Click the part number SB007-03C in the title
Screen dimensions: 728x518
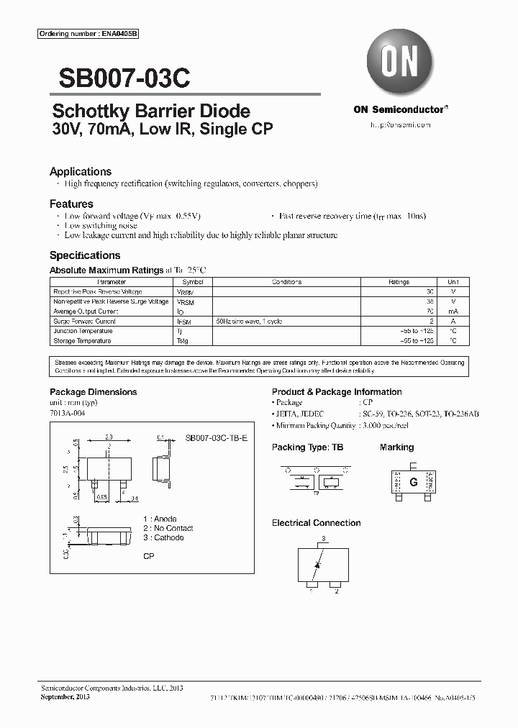[x=120, y=77]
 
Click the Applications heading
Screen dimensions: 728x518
[x=81, y=172]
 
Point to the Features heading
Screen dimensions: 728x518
[x=71, y=204]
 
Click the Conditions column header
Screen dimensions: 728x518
[x=286, y=283]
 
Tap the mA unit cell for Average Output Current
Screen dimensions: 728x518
[x=453, y=311]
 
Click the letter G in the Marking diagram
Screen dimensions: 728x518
[x=413, y=483]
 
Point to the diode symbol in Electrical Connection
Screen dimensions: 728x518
[x=317, y=565]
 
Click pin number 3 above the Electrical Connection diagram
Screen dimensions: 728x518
[x=324, y=539]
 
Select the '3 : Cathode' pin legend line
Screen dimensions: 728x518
[x=163, y=537]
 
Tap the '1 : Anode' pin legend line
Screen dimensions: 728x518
[x=160, y=519]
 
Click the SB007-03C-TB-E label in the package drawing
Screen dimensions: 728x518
[x=217, y=438]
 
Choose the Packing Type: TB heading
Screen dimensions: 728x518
[x=307, y=447]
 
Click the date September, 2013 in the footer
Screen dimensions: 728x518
[x=63, y=697]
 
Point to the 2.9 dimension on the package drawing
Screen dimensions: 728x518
[x=109, y=437]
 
